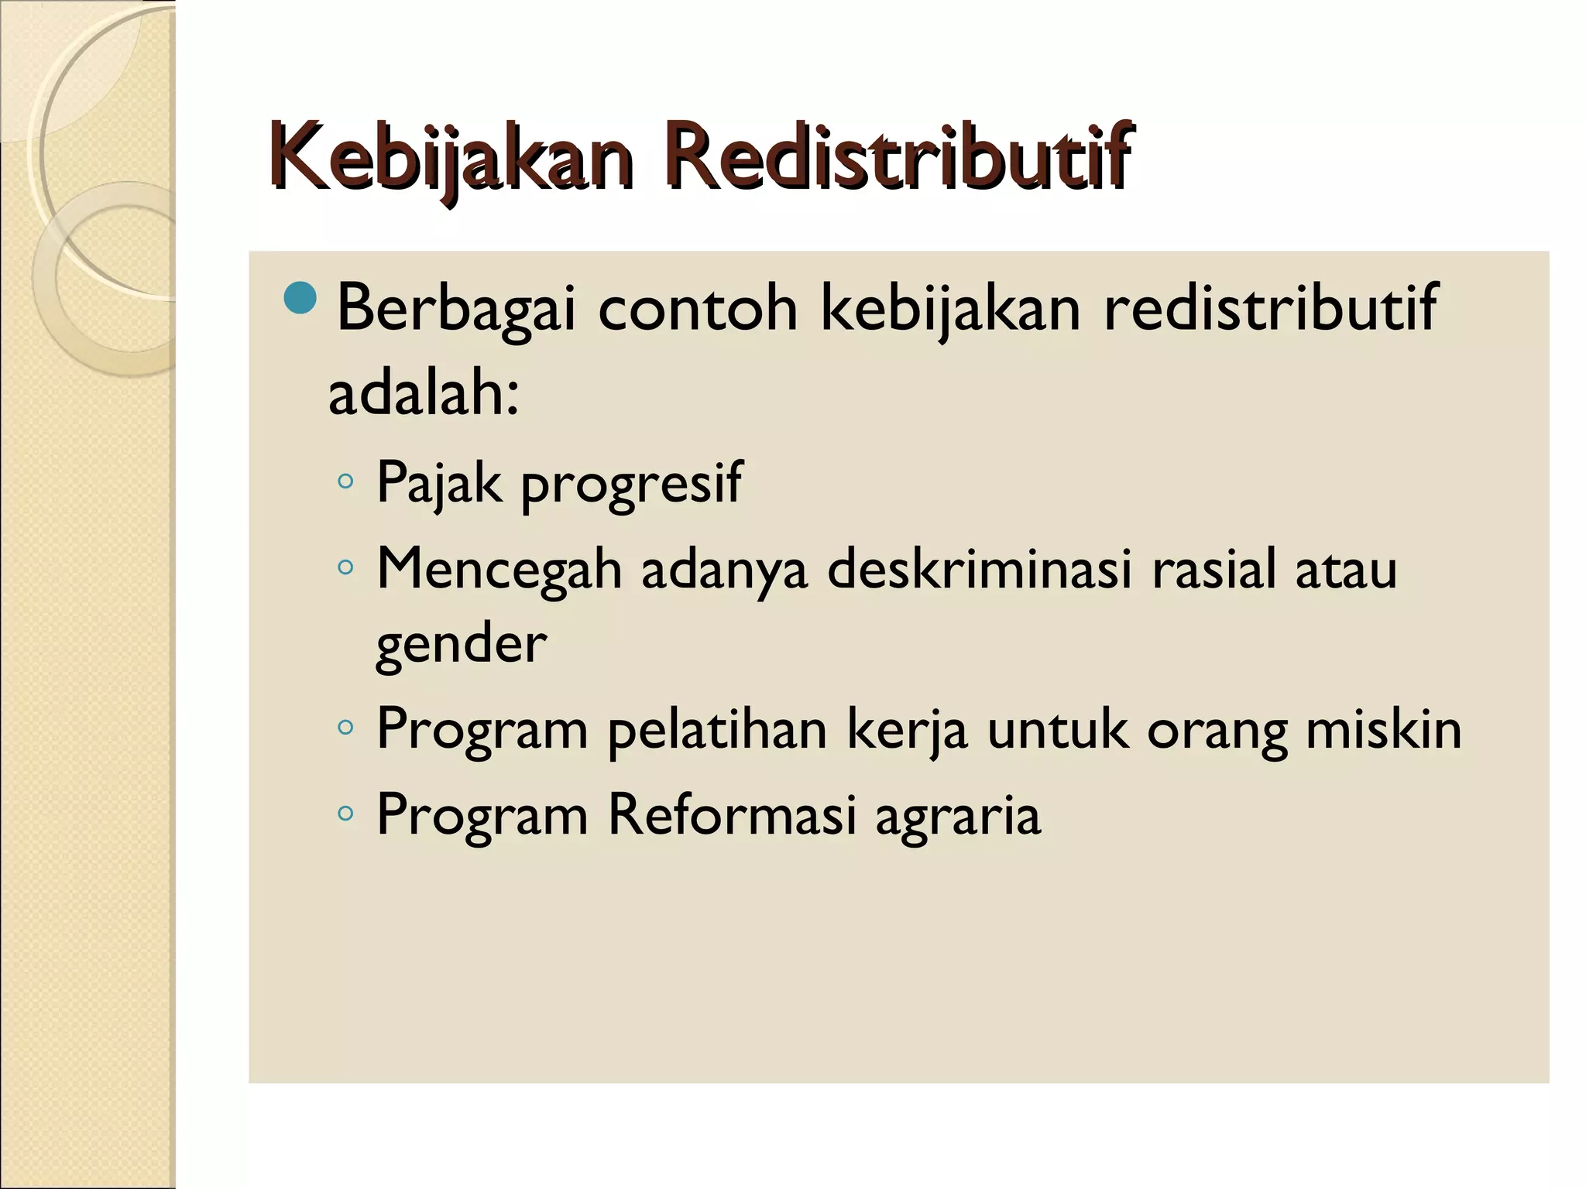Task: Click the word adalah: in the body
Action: coord(423,393)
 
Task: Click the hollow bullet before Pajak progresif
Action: coord(345,482)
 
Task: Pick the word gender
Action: coord(462,644)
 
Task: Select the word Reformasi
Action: coord(732,814)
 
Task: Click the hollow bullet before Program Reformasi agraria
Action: coord(345,814)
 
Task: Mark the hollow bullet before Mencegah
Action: coord(345,569)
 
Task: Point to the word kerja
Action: coord(908,731)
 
